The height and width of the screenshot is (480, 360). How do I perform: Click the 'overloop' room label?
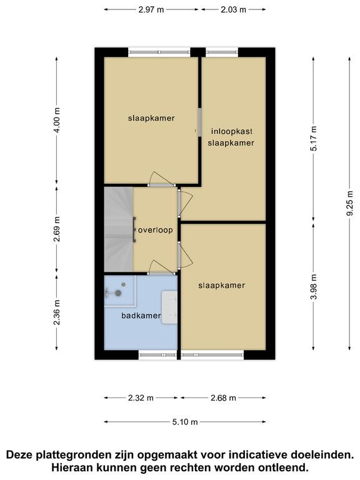(x=156, y=230)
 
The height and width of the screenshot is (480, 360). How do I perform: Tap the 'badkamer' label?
(x=141, y=316)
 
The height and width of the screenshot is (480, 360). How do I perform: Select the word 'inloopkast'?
(x=232, y=131)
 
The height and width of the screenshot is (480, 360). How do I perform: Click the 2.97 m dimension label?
(x=151, y=9)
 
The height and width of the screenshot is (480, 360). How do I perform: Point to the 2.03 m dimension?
(x=234, y=9)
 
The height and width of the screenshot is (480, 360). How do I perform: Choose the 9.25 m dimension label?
(x=349, y=203)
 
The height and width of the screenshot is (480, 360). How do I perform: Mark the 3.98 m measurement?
(x=314, y=287)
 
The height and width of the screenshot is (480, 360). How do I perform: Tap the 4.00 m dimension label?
(x=57, y=120)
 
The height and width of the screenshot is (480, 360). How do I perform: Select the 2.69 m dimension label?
(x=57, y=229)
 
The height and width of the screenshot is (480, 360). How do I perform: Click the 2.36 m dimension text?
(x=57, y=312)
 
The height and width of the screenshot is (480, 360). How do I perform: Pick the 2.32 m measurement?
(x=141, y=398)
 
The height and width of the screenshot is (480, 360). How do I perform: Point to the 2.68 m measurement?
(x=224, y=398)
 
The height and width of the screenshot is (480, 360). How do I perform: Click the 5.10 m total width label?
(x=185, y=422)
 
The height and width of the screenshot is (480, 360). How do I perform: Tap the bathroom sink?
(x=169, y=307)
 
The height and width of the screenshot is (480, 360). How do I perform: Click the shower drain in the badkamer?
(x=123, y=285)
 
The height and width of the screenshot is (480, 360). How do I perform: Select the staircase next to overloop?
(x=119, y=229)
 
